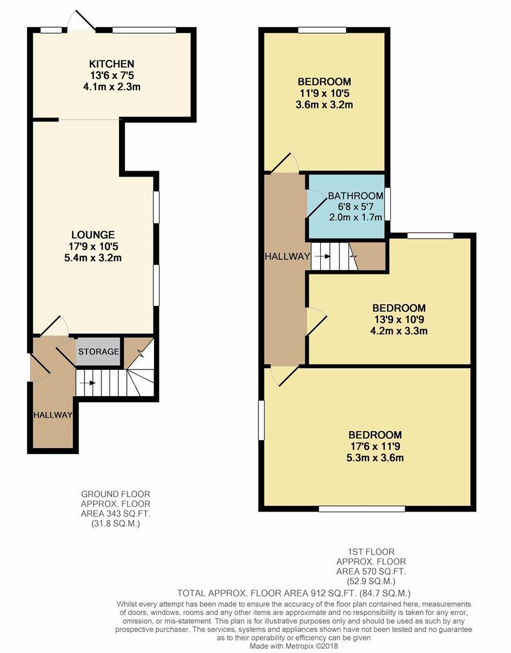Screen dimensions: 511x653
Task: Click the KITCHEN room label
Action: [x=112, y=63]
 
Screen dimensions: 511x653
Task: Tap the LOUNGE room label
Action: [x=93, y=235]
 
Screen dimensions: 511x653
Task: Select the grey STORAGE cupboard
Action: [x=98, y=351]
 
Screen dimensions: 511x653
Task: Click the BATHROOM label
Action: [x=356, y=196]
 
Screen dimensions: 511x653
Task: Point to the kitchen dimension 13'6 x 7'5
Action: [x=112, y=76]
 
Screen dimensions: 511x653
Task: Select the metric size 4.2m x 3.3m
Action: [x=399, y=331]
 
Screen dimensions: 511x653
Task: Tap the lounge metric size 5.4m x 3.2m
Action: [x=93, y=258]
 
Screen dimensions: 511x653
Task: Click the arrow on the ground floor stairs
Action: [x=88, y=383]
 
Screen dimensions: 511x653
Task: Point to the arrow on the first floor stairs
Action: [x=323, y=256]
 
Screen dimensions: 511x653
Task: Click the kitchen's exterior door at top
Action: [x=82, y=19]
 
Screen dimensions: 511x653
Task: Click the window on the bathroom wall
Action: [x=387, y=204]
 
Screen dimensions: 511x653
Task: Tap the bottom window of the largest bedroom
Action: [x=362, y=508]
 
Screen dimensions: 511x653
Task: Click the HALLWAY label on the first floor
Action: [x=288, y=256]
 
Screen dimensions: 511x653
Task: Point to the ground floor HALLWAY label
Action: [x=53, y=415]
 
